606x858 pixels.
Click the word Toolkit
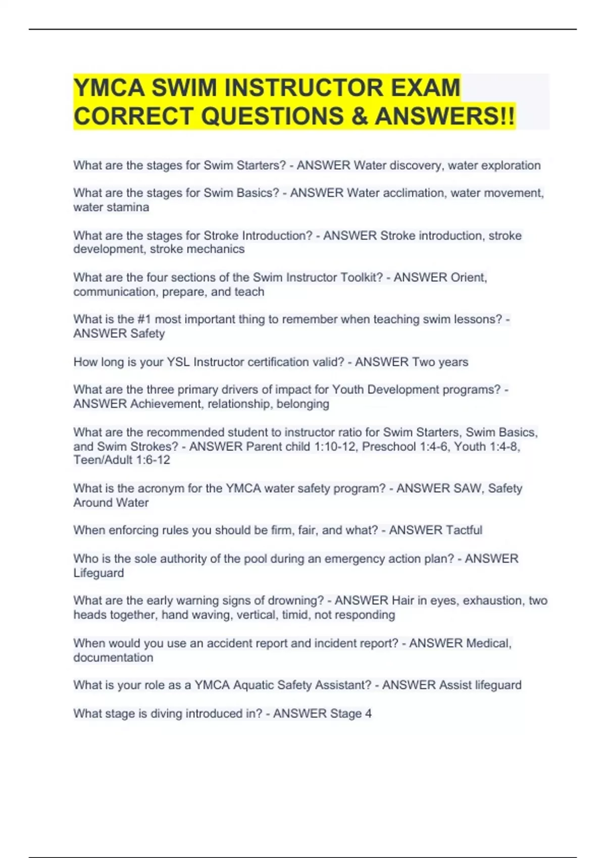point(362,278)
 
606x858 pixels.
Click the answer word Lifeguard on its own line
point(98,573)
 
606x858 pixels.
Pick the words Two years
point(440,362)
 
